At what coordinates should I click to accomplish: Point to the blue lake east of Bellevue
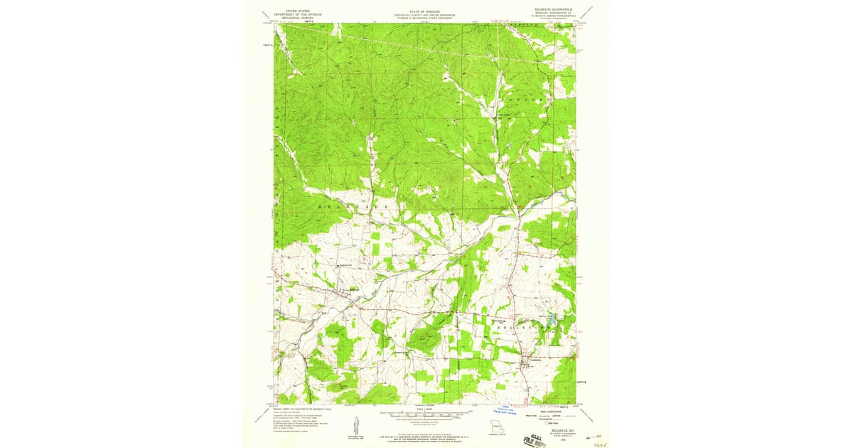[551, 321]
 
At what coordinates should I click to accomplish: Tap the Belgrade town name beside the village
[353, 288]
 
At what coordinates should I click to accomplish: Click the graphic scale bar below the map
[425, 415]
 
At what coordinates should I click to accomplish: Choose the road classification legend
[554, 413]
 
